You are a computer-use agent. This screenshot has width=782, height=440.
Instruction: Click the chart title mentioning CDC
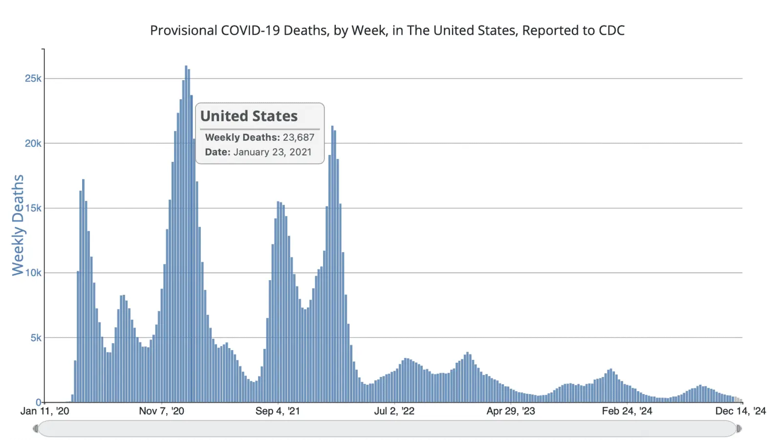[x=387, y=30]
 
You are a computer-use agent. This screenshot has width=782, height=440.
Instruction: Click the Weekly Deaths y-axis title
[x=18, y=225]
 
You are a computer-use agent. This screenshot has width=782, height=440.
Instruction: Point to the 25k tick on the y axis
[x=33, y=79]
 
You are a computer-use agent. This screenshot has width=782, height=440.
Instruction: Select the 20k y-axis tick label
[x=33, y=143]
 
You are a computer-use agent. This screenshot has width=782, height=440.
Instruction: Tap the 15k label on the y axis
[x=33, y=208]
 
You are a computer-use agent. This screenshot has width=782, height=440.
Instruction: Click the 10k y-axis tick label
[x=33, y=273]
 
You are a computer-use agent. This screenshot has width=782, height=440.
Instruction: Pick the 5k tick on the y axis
[x=36, y=338]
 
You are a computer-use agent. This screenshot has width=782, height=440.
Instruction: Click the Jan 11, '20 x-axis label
[x=44, y=411]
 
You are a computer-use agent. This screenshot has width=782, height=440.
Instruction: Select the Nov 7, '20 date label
[x=161, y=411]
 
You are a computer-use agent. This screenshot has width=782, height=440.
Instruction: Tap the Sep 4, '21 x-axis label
[x=278, y=411]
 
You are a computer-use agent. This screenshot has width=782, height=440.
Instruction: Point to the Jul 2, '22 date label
[x=394, y=411]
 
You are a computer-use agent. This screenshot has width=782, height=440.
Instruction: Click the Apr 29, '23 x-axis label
[x=511, y=411]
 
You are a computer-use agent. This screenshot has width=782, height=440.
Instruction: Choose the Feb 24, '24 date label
[x=627, y=411]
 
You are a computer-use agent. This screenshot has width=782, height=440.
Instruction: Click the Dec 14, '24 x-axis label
[x=740, y=411]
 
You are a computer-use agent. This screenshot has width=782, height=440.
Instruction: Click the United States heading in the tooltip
[x=249, y=116]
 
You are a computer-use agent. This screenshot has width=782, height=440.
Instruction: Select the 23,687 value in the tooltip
[x=299, y=137]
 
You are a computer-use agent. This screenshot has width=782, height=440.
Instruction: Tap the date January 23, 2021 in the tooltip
[x=272, y=152]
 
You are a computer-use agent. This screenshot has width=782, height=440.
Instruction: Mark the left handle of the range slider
[x=36, y=429]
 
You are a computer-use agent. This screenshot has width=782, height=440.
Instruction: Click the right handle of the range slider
[x=739, y=429]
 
